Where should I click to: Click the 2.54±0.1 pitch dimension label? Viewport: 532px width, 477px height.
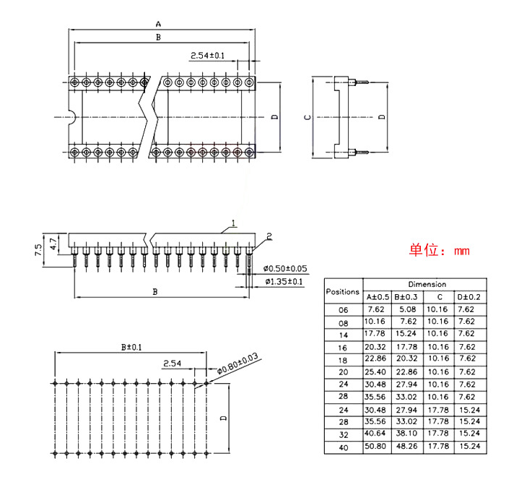208,56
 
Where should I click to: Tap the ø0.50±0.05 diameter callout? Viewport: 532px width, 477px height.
285,269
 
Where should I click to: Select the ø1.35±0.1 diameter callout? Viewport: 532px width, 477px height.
284,282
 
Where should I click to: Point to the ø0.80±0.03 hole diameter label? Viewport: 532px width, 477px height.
237,364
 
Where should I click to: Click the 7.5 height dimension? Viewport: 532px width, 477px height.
38,250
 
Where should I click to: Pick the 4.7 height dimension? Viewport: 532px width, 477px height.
53,244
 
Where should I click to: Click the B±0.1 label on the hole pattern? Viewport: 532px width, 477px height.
131,347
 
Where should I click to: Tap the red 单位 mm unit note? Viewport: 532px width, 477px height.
440,250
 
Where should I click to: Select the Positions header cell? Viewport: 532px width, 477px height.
343,291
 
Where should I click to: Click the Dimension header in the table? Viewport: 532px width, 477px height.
427,284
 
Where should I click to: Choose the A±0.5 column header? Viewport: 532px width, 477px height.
378,297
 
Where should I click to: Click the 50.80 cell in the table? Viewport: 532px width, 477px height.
375,446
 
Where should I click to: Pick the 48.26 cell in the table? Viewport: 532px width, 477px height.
406,446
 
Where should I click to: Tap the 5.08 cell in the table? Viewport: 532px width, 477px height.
408,309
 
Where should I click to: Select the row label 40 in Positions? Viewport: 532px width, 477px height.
344,448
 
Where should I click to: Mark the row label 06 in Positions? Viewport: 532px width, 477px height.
344,310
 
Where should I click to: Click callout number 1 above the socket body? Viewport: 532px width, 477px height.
233,223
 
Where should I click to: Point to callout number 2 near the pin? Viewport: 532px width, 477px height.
269,236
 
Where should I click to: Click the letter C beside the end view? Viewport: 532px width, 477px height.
308,118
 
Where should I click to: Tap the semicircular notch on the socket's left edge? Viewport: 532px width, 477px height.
72,117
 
